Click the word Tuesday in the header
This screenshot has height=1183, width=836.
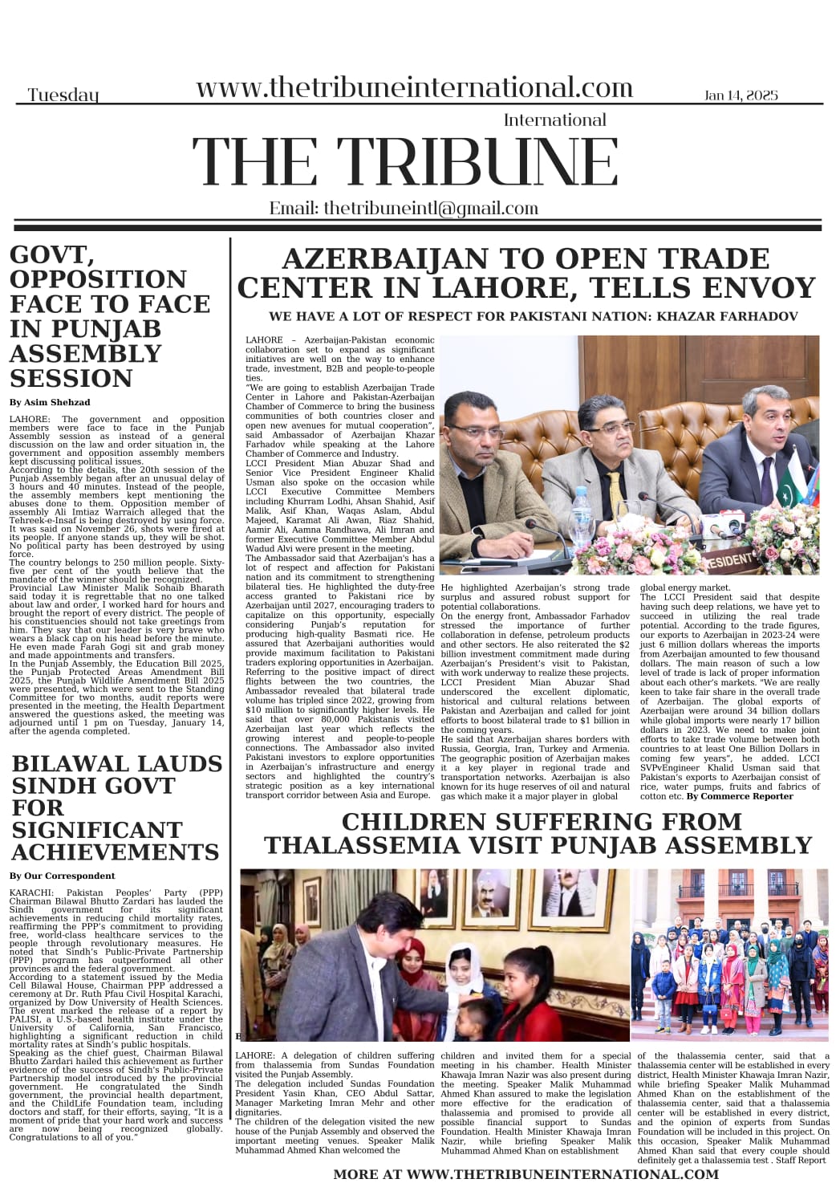click(x=63, y=95)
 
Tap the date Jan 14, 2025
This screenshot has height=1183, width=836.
click(x=741, y=95)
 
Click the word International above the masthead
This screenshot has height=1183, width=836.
click(x=554, y=120)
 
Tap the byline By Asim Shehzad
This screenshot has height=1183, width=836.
click(x=50, y=402)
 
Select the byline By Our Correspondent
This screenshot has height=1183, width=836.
click(x=63, y=876)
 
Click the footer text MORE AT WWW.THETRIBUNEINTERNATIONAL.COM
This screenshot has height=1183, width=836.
click(x=526, y=1173)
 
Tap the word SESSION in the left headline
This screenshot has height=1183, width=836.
click(x=71, y=378)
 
